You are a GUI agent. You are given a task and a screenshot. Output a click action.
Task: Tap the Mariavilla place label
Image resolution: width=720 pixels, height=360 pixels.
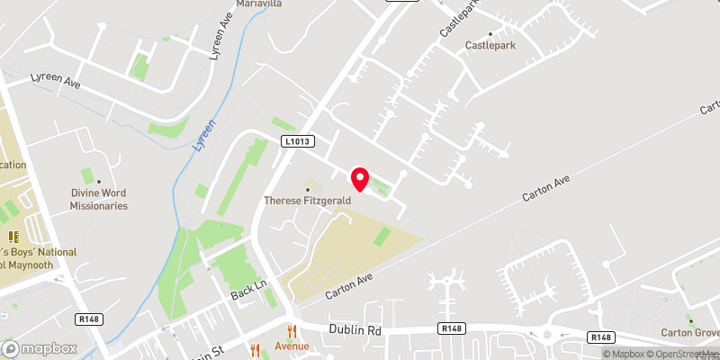coord(259,4)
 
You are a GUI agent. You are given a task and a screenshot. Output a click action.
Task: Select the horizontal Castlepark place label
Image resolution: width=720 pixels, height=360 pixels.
coord(490,45)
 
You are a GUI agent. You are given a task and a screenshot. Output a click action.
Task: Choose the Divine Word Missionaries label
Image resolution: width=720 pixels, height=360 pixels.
coord(99,199)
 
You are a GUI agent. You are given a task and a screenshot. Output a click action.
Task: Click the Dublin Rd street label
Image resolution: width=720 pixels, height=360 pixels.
coord(355,330)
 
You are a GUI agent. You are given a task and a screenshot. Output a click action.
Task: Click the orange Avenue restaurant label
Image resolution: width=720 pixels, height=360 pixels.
coord(292,346)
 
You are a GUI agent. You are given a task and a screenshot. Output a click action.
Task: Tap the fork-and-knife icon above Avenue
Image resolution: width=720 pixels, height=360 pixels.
coord(292,331)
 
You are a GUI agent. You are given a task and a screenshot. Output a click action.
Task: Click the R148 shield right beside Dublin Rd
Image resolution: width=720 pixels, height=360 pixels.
coord(452,330)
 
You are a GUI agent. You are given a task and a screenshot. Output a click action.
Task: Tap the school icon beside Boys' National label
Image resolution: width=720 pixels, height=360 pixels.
coord(14,237)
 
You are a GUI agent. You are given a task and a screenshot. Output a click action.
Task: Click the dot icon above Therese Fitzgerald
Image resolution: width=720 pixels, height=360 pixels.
coord(308,189)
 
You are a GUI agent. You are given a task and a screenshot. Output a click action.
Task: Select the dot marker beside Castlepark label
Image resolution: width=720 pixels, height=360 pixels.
coord(490,33)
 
